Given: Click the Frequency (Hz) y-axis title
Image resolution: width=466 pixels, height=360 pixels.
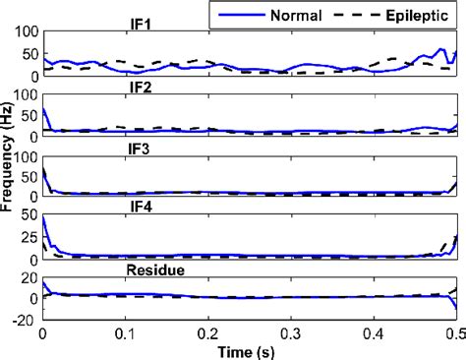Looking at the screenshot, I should [x=9, y=174].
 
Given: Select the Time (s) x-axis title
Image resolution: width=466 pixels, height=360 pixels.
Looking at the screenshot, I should [x=249, y=349].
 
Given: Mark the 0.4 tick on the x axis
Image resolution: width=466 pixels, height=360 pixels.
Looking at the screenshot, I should [x=374, y=332].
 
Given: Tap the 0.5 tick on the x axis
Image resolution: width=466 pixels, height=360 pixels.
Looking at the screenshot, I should [x=455, y=332].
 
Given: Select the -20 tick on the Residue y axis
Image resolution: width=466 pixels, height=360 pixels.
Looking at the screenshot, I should [x=26, y=318].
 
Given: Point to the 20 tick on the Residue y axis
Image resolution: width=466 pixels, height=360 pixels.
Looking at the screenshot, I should [x=30, y=279].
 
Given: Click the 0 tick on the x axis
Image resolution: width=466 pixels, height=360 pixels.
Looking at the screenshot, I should [x=42, y=332].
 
